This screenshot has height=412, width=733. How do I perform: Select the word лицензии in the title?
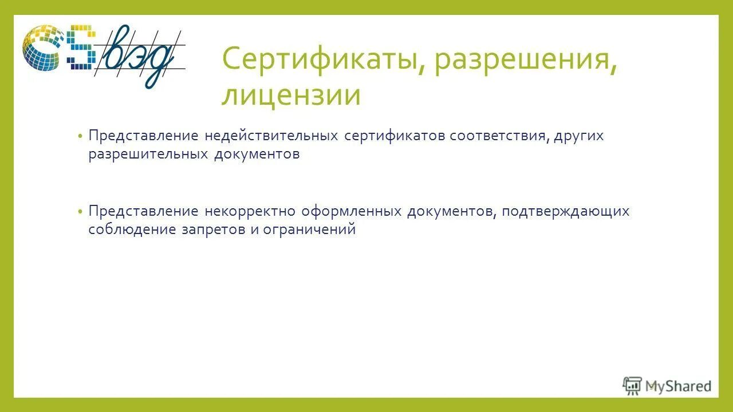click(x=291, y=96)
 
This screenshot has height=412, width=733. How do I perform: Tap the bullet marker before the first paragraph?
click(x=81, y=137)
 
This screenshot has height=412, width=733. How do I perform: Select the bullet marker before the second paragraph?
click(x=81, y=212)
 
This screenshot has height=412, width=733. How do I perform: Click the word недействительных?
click(x=271, y=136)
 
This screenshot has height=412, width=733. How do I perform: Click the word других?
click(x=578, y=136)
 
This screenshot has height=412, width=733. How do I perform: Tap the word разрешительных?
click(x=148, y=154)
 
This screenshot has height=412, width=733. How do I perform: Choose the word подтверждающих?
click(x=566, y=211)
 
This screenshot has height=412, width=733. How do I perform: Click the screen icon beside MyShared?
click(x=632, y=385)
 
